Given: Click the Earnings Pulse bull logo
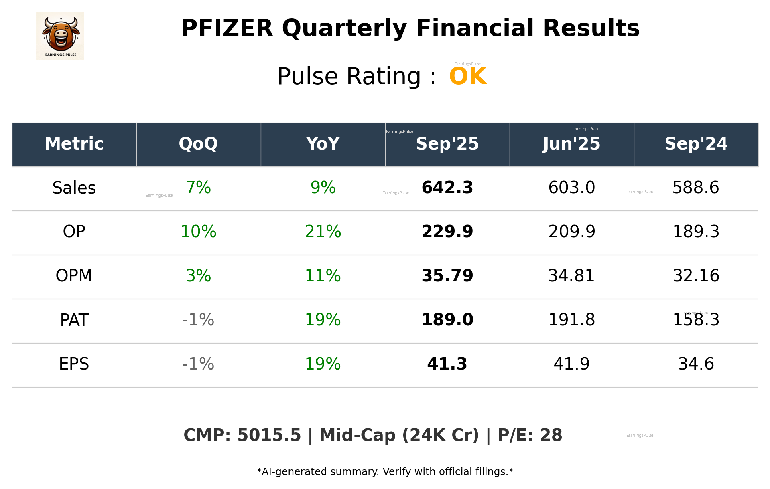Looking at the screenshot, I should coord(60,36).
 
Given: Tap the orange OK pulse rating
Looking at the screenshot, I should coord(468,76).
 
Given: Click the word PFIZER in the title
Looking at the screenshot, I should coord(227,28).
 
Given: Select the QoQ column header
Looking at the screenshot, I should coord(198,144).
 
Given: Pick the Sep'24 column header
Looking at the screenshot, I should coord(696,144).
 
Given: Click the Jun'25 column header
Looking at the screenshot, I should coord(571,144).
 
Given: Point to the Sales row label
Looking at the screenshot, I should coord(74,188).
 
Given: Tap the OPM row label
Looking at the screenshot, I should coord(74,276).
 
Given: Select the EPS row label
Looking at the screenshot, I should coord(74,364).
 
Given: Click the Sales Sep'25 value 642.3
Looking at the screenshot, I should coord(447,188).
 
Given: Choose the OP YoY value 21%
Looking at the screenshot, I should coord(323,232).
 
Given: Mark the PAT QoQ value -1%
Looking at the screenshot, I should coord(198,320).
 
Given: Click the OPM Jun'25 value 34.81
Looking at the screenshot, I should coord(571,276).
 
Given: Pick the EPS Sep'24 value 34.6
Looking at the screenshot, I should coord(696,364).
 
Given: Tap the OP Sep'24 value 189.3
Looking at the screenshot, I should coord(696,232).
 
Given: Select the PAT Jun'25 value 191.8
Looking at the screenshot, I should coord(571,320).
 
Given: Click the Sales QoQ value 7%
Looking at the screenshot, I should coord(198,188).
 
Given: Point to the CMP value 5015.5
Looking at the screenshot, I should coord(269,435).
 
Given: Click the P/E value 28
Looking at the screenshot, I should coord(551,435).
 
